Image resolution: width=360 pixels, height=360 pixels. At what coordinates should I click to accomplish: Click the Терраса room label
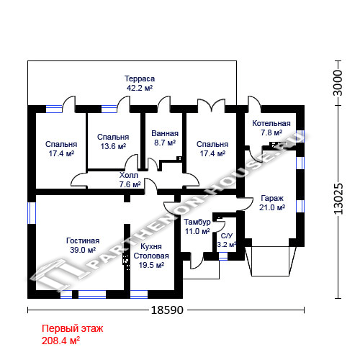coord(140,78)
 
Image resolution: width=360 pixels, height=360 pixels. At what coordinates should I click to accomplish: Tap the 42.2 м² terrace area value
coord(140,88)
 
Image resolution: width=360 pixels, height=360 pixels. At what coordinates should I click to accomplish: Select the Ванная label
coord(165,133)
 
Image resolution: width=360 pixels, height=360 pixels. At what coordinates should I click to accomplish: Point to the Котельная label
coord(271,123)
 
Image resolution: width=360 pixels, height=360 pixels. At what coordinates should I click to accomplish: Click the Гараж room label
coord(272,199)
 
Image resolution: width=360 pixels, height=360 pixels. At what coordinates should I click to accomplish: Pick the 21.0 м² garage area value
coord(272,207)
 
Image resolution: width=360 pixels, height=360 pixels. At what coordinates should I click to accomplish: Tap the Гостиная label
coord(83,240)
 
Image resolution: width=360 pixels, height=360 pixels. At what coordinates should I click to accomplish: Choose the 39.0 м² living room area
coord(83,250)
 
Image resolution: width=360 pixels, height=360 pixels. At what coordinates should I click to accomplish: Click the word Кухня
coord(151,246)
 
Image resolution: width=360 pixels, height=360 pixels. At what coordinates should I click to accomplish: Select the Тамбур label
coord(197,222)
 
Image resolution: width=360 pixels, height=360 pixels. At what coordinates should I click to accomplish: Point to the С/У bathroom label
coord(227,236)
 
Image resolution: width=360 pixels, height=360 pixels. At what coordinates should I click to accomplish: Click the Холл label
coord(129,175)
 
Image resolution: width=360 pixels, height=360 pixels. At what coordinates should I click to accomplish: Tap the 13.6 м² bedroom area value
coord(113,146)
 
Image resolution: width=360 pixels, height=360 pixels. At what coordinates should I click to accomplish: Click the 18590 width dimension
coord(167,310)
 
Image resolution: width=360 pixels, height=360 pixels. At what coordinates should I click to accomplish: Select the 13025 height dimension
coord(338,199)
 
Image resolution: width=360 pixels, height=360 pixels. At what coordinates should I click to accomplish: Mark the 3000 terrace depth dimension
coord(338,83)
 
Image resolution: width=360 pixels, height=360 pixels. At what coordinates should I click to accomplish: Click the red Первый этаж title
coord(72,328)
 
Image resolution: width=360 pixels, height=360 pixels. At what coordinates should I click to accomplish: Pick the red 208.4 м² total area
coord(60,341)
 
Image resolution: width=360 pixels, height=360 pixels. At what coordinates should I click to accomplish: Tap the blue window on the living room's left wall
coord(32,213)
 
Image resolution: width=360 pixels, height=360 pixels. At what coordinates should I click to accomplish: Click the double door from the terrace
coord(211,106)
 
